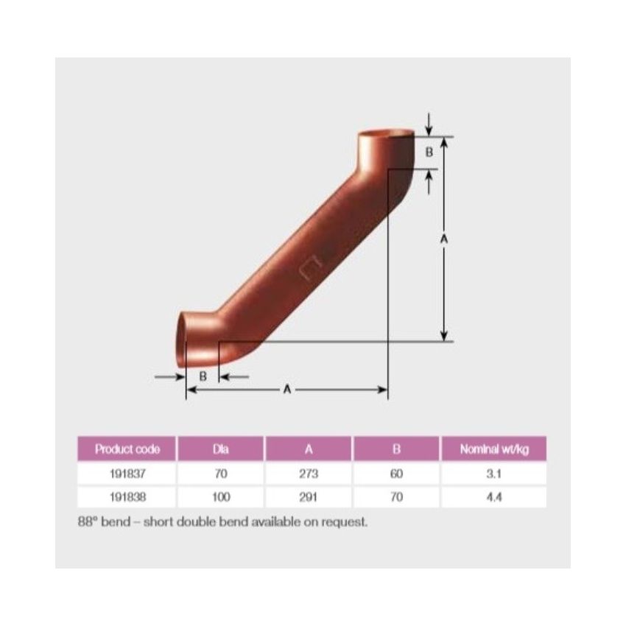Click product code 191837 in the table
(127, 475)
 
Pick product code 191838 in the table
(127, 497)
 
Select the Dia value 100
(221, 497)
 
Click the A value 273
(309, 475)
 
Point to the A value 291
(309, 497)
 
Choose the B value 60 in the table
(396, 475)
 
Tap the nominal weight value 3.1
(493, 475)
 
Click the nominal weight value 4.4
(493, 497)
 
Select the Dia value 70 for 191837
(221, 475)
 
